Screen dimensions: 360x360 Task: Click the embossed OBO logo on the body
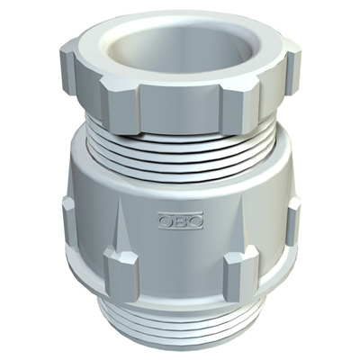181,220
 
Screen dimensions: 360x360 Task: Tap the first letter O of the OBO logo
166,221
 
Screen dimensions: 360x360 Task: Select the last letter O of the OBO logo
196,221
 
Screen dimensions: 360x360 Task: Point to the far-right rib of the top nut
293,72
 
